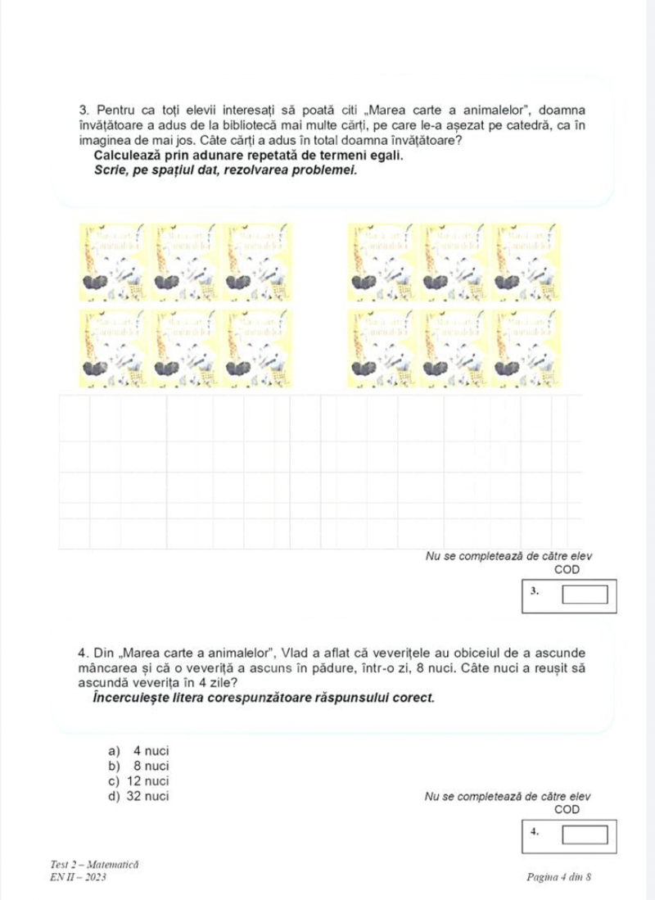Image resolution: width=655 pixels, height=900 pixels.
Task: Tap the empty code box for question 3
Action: point(585,591)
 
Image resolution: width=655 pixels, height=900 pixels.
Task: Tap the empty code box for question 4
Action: point(585,836)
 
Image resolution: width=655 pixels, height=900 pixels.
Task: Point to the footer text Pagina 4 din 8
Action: point(562,877)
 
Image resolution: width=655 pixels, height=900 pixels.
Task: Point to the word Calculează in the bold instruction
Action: point(132,155)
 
